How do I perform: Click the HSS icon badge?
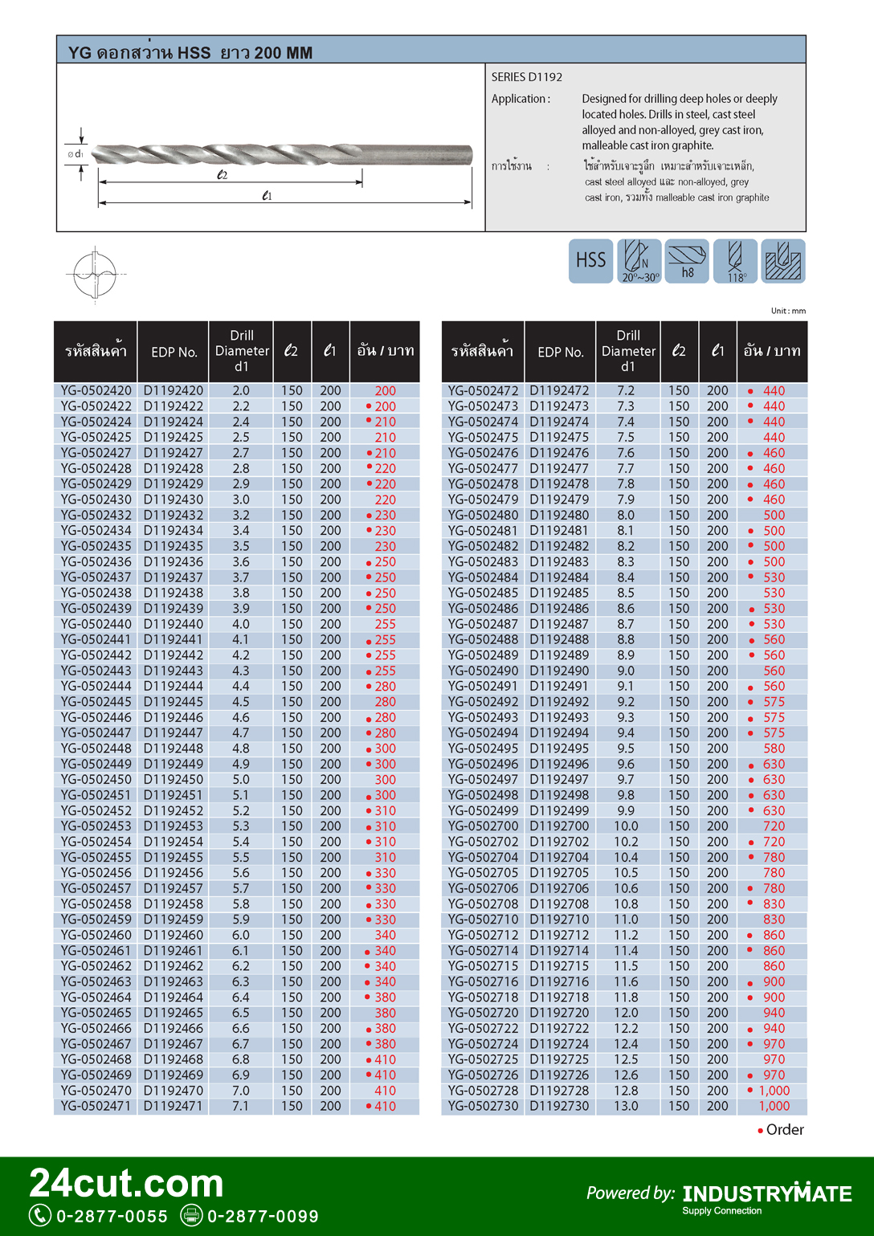click(x=590, y=261)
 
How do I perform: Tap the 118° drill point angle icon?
click(x=735, y=261)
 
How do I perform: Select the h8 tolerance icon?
click(x=687, y=261)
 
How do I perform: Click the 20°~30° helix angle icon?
click(x=639, y=261)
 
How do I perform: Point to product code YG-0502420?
click(x=96, y=391)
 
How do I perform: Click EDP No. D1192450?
click(x=174, y=780)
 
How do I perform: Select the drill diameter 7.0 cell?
click(x=241, y=1091)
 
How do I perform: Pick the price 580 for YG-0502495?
click(x=774, y=749)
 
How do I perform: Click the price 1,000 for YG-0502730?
click(x=774, y=1106)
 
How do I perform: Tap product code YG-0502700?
click(x=484, y=826)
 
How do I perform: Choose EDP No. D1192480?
click(x=559, y=516)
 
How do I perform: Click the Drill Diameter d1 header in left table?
click(x=242, y=351)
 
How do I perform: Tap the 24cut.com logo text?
click(x=127, y=1184)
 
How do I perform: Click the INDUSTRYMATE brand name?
click(x=767, y=1194)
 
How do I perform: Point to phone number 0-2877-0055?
click(x=112, y=1217)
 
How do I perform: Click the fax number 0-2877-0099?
click(x=263, y=1217)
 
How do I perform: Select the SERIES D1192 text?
click(x=527, y=77)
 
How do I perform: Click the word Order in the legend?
click(x=785, y=1130)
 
